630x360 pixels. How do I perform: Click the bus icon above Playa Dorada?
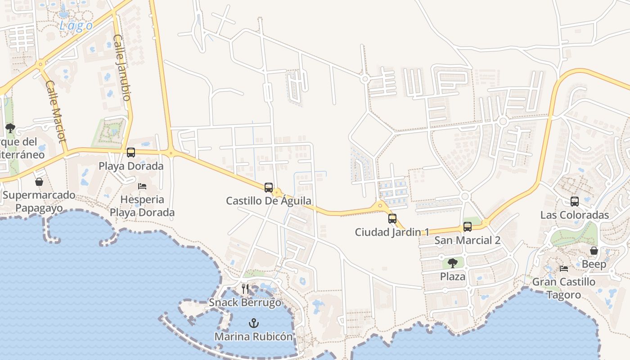[x=131, y=153]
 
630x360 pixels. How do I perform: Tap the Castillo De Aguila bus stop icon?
[x=269, y=187]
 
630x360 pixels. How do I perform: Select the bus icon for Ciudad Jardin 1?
[x=392, y=219]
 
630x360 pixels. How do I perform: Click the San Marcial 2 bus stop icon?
[x=468, y=227]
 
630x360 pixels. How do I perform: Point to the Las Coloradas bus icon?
[x=575, y=201]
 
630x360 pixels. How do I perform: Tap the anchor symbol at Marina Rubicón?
[x=254, y=323]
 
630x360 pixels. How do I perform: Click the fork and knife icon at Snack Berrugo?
[x=245, y=288]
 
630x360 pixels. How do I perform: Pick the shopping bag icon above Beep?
[x=594, y=251]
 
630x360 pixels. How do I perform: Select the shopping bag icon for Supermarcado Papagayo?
[x=39, y=182]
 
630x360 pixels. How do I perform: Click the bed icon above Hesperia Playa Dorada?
[x=142, y=186]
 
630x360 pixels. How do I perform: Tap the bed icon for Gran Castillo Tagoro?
[x=563, y=269]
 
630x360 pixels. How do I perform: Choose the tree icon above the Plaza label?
[x=453, y=263]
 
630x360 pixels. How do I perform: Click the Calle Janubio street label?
[x=122, y=67]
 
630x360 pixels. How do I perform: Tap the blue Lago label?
[x=76, y=26]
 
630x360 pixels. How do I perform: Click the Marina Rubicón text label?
[x=253, y=336]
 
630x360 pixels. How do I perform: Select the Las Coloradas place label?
[x=575, y=215]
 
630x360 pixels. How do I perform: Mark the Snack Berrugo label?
[x=245, y=302]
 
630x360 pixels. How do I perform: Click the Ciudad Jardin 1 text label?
[x=392, y=232]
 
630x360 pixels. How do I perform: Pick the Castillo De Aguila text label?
[x=269, y=201]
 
